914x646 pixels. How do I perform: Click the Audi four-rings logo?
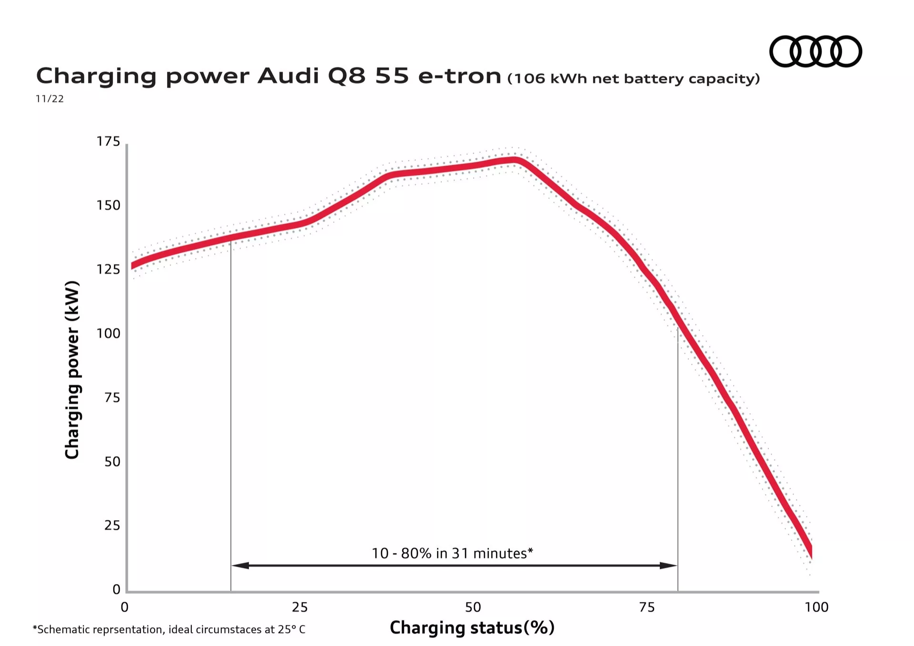(x=815, y=51)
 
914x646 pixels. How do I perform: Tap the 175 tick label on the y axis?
(x=109, y=141)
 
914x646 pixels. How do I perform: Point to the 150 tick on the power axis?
(x=109, y=205)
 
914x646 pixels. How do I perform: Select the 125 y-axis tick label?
(x=109, y=269)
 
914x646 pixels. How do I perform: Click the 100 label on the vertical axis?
(x=109, y=333)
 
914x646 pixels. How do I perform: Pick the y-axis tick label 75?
(x=112, y=398)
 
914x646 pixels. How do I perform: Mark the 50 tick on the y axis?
(x=112, y=461)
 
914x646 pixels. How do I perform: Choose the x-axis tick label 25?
(x=300, y=607)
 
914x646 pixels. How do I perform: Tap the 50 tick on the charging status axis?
(x=473, y=607)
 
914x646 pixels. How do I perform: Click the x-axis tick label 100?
(x=816, y=607)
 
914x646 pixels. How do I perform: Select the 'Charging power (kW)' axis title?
(x=72, y=370)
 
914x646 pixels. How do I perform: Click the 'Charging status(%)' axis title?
(x=472, y=627)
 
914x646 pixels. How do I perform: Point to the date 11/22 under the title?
(x=50, y=99)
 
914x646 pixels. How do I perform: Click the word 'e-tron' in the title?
(x=459, y=76)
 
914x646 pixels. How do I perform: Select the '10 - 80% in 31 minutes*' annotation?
(x=452, y=553)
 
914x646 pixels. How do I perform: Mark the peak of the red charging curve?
(x=514, y=159)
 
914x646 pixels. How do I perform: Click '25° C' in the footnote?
(x=292, y=629)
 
